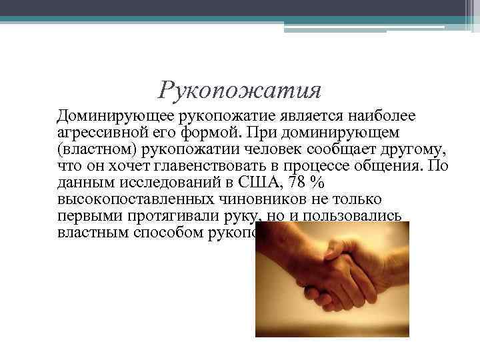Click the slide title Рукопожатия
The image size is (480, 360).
(x=241, y=89)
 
